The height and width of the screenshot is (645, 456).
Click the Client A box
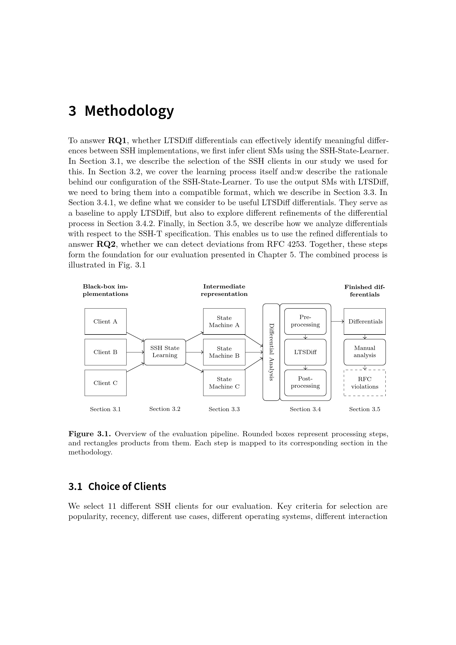(105, 321)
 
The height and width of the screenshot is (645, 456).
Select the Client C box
(105, 383)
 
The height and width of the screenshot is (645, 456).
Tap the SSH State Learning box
(165, 352)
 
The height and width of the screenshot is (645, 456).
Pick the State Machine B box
(224, 352)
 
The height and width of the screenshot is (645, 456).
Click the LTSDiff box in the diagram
(305, 352)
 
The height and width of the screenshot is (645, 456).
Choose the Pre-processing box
(305, 321)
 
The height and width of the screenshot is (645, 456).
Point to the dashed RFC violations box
(364, 383)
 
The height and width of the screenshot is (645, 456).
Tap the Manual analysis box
(364, 352)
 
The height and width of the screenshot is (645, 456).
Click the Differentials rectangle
(364, 321)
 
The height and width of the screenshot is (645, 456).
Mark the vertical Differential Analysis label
(271, 352)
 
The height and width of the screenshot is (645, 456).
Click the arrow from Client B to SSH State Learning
(135, 352)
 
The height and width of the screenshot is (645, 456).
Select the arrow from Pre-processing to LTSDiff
(305, 337)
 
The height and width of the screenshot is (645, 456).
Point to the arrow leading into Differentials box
(337, 321)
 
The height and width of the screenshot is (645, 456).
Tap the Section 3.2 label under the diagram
(165, 409)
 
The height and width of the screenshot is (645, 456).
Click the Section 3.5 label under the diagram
(364, 409)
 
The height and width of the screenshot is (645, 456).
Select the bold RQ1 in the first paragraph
(117, 140)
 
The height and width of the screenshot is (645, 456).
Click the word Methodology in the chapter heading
(129, 111)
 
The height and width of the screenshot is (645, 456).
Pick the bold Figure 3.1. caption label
(90, 434)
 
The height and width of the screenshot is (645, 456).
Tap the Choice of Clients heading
(127, 486)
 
